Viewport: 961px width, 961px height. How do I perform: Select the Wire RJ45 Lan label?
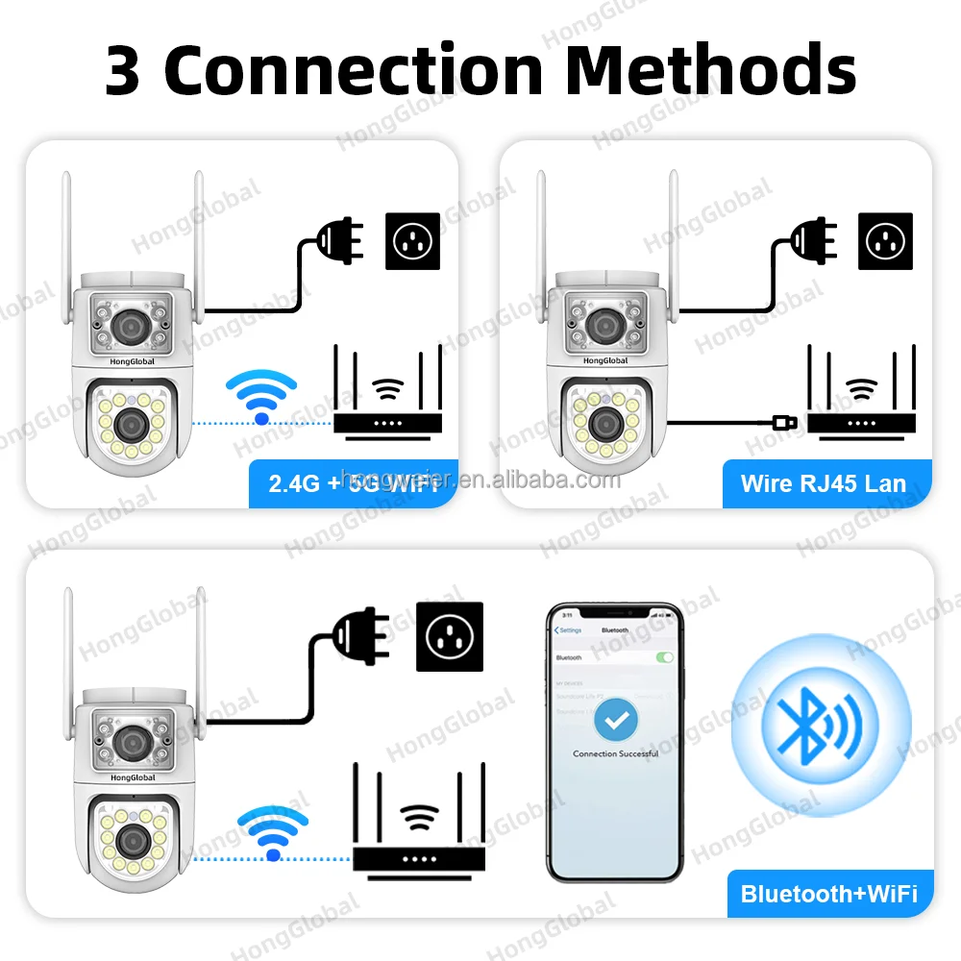point(823,482)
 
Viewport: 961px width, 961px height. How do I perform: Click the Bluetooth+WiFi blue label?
point(828,894)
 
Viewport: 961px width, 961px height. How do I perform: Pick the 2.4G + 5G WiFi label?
point(353,482)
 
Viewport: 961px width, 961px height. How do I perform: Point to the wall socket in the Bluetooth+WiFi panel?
point(448,636)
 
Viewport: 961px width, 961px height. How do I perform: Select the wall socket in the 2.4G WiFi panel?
point(413,240)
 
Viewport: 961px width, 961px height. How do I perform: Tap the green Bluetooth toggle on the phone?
point(664,657)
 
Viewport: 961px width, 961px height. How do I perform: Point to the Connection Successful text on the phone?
point(615,753)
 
